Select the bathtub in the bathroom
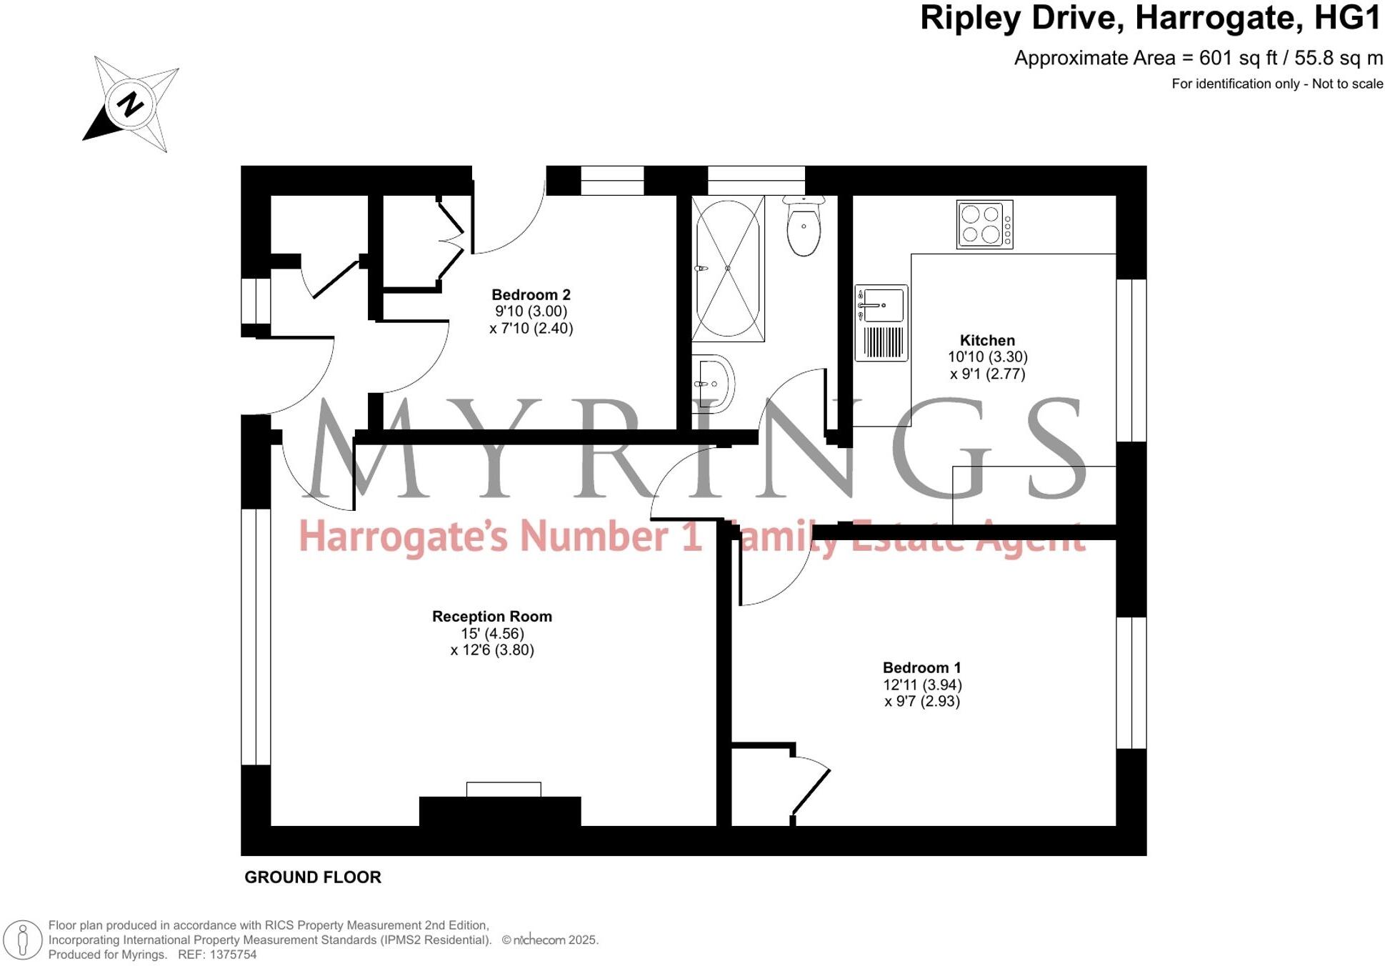[728, 268]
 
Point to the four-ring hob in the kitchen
[984, 224]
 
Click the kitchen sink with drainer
[881, 323]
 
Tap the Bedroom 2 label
[531, 294]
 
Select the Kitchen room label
[986, 340]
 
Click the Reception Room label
[491, 616]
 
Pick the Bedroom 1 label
[921, 667]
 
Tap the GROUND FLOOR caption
[313, 877]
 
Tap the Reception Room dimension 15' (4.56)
[492, 633]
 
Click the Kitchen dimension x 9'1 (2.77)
[987, 374]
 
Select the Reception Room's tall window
[256, 636]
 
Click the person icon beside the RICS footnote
[23, 940]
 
